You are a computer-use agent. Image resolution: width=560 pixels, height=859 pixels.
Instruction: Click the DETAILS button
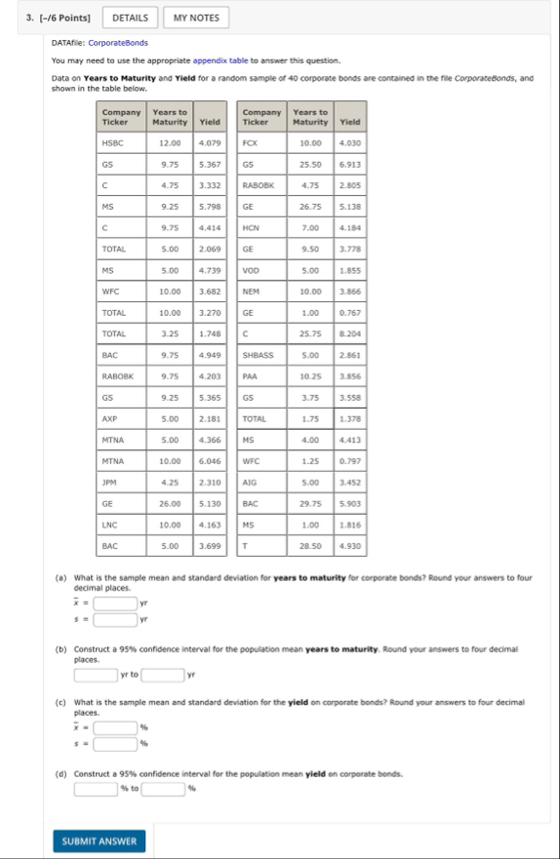coord(130,18)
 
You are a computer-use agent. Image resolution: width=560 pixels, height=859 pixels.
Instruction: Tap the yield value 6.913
coord(349,167)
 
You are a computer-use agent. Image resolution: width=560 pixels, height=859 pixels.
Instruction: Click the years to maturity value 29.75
coord(310,503)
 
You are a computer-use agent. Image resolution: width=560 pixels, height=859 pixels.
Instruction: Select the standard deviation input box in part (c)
coord(114,744)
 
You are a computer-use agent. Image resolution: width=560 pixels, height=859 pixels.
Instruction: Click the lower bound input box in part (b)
coord(96,674)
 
